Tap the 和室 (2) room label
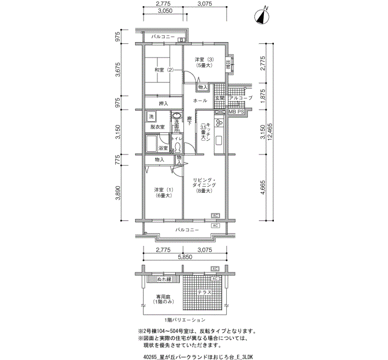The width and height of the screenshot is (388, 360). tap(164, 70)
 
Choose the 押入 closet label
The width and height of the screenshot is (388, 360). tap(164, 104)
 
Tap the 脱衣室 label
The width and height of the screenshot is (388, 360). tap(157, 127)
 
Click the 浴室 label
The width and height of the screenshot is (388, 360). tap(163, 148)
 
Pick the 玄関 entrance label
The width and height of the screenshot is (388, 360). tap(219, 98)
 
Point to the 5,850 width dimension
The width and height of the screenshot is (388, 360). tap(185, 258)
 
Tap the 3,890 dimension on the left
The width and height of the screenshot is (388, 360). tap(118, 194)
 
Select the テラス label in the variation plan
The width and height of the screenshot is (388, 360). tap(205, 292)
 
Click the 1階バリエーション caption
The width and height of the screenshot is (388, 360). tap(185, 320)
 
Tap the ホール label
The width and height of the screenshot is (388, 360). tap(200, 101)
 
